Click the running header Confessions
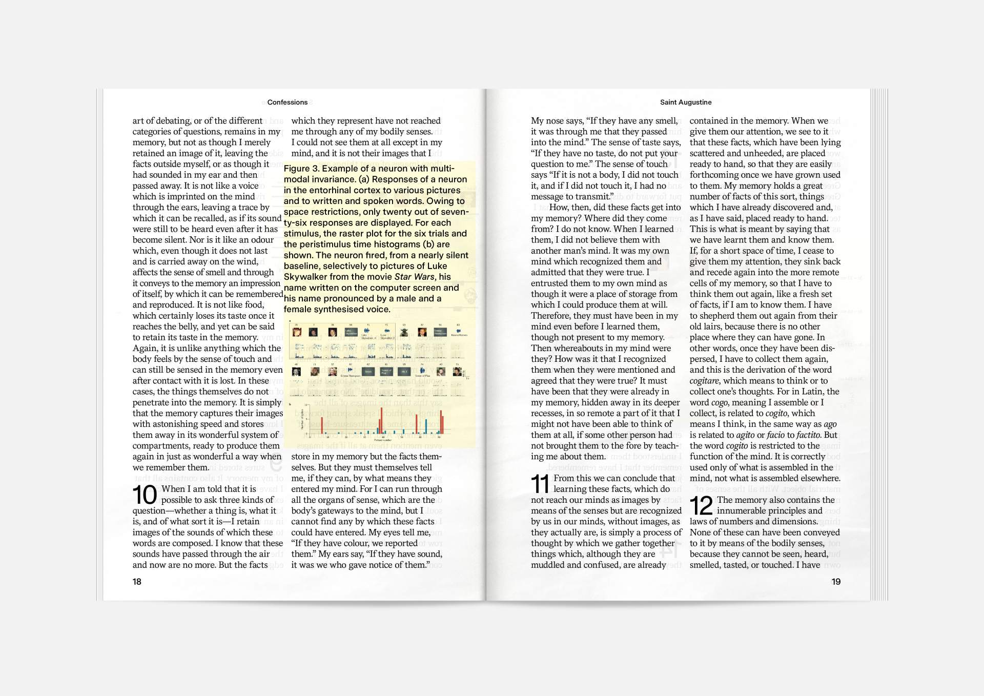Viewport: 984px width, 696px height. (287, 103)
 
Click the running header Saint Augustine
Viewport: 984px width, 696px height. (685, 103)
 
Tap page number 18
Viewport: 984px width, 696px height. (137, 582)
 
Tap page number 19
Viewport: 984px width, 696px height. (836, 582)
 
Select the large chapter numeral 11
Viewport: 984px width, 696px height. (540, 484)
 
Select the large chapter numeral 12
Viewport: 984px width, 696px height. (701, 506)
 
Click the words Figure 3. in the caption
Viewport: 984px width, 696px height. (301, 169)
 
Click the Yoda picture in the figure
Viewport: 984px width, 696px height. (404, 332)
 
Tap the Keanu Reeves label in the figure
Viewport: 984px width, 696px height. (459, 335)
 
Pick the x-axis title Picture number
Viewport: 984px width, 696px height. (383, 440)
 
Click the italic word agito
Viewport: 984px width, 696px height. (745, 435)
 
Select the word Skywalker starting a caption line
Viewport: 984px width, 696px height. (307, 277)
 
